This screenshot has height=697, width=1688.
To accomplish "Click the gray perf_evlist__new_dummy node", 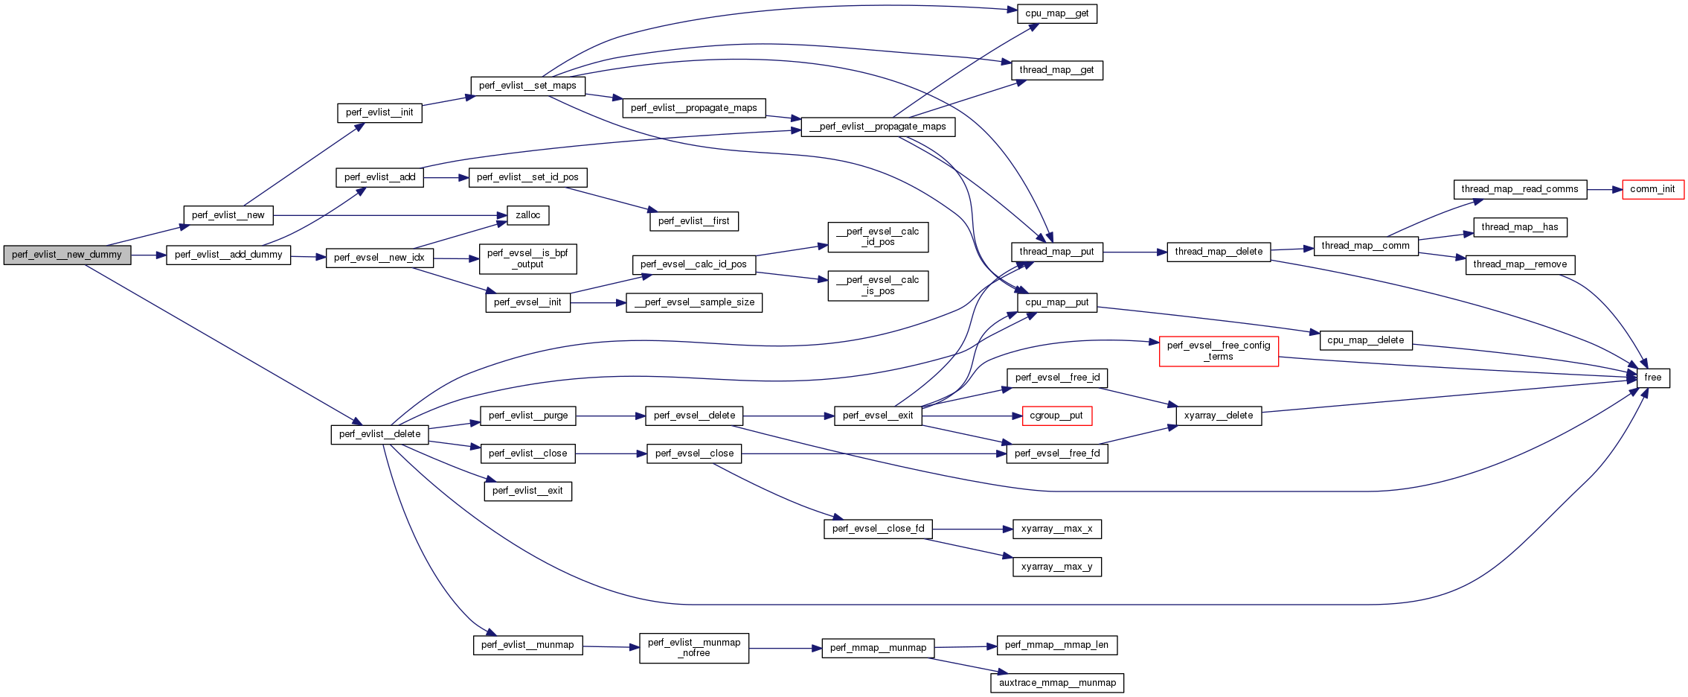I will tap(67, 255).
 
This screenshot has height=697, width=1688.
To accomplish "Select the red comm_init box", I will tap(1652, 189).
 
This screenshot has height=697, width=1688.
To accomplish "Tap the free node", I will tap(1652, 378).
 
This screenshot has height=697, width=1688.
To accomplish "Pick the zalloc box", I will tap(527, 215).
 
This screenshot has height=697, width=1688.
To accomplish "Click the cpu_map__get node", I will tap(1056, 13).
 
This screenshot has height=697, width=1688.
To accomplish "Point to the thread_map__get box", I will tap(1056, 70).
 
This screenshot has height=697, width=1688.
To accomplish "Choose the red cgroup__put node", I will tap(1056, 416).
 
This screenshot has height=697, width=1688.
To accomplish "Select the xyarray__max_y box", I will tap(1056, 567).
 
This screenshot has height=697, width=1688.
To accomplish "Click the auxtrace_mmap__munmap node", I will tap(1057, 683).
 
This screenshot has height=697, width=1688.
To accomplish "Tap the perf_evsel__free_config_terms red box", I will tap(1219, 351).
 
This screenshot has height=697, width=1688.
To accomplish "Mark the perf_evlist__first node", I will tap(693, 221).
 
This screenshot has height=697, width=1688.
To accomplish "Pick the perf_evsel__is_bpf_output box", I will tap(527, 258).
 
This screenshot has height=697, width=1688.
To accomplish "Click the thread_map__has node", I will tap(1519, 227).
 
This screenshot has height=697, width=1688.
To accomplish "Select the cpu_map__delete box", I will tap(1365, 340).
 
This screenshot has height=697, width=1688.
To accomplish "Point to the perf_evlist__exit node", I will tap(527, 491).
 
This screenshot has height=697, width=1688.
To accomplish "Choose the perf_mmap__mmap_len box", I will tap(1056, 645).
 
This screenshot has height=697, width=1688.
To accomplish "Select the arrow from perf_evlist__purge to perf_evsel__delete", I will tap(610, 416).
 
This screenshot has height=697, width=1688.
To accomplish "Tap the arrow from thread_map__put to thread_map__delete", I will tap(1135, 252).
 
